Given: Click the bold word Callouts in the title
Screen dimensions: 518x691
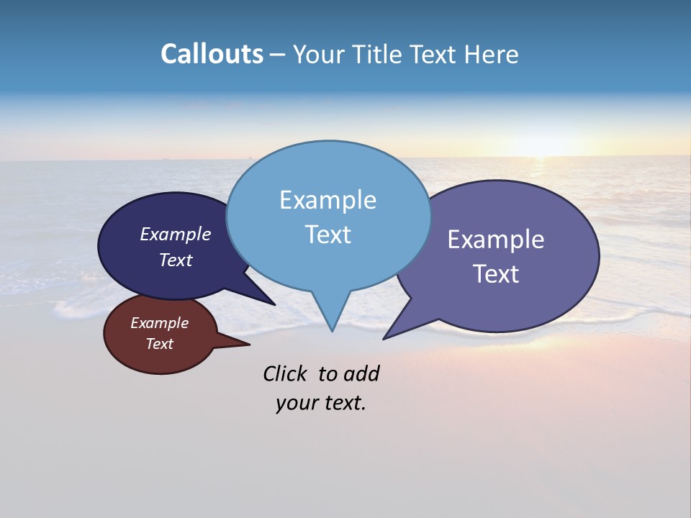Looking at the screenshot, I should (x=212, y=54).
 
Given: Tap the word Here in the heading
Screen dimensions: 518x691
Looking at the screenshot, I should (x=491, y=54).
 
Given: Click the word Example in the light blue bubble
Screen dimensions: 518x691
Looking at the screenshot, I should (x=328, y=200).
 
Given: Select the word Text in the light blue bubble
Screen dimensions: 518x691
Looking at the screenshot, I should (x=328, y=235).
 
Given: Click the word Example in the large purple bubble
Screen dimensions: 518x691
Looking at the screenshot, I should (x=496, y=240).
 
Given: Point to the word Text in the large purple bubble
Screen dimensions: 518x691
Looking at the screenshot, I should (x=496, y=274).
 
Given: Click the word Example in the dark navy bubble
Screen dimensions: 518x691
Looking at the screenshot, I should (x=175, y=235).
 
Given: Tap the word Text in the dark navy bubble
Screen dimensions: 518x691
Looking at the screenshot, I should (x=175, y=260).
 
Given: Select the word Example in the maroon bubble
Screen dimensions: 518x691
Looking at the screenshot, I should (x=159, y=323).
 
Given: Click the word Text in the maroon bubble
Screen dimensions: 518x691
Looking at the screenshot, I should (x=159, y=344).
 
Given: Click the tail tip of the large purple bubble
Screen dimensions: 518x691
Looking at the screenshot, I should (x=385, y=337).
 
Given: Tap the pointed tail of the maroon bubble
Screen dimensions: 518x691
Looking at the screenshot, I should (x=247, y=345).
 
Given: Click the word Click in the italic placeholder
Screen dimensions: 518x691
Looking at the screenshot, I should (x=286, y=373).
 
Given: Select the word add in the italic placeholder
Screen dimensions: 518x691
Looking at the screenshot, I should (x=361, y=373).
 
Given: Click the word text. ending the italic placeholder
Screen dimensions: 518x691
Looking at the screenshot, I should (x=343, y=403).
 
